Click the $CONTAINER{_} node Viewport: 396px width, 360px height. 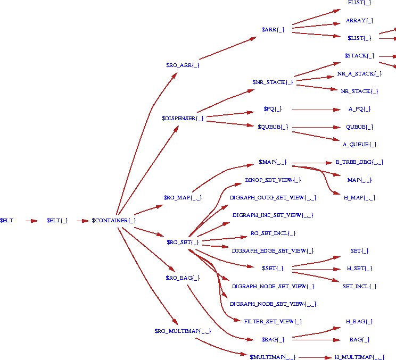pos(113,220)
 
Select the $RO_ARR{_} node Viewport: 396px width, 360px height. pos(183,65)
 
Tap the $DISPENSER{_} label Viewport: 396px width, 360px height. pos(183,118)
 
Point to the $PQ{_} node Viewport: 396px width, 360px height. pos(273,109)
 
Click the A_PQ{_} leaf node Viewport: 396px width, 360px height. pos(359,109)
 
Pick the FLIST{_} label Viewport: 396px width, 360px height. pos(359,3)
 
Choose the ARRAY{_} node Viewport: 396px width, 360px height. pos(359,21)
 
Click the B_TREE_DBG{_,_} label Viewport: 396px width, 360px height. pos(359,162)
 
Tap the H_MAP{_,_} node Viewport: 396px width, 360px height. pos(359,198)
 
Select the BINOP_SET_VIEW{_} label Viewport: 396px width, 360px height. pos(273,180)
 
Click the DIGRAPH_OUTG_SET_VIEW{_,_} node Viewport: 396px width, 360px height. pos(273,198)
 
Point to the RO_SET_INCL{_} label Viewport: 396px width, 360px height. pos(273,233)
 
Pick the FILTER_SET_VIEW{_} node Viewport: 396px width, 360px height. pos(273,322)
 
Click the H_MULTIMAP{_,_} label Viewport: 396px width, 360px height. pos(359,357)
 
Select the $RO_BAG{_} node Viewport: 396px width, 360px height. pos(183,278)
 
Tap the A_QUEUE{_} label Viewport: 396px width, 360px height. pos(359,145)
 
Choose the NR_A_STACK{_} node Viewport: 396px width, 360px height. pos(359,74)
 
